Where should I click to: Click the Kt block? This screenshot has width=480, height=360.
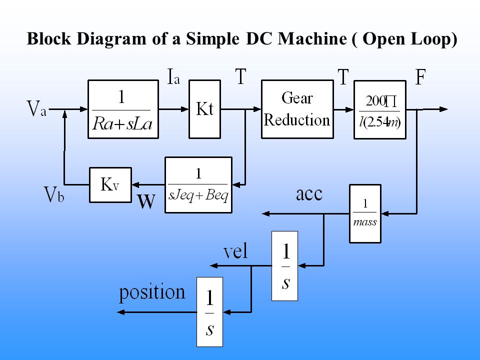pyautogui.click(x=204, y=109)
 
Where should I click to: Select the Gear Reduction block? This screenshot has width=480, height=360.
pyautogui.click(x=297, y=109)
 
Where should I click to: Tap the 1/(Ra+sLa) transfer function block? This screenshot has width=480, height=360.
pyautogui.click(x=123, y=109)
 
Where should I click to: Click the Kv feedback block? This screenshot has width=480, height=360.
pyautogui.click(x=110, y=185)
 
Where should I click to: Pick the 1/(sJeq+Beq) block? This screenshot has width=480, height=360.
pyautogui.click(x=198, y=185)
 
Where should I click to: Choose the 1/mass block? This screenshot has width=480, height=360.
pyautogui.click(x=365, y=213)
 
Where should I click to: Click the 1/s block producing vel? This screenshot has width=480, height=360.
pyautogui.click(x=284, y=266)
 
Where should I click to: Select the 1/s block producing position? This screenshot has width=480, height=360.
pyautogui.click(x=209, y=312)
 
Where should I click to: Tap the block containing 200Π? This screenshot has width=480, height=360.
pyautogui.click(x=380, y=109)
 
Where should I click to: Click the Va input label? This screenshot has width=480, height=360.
pyautogui.click(x=36, y=108)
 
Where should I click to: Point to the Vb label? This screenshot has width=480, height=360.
pyautogui.click(x=54, y=194)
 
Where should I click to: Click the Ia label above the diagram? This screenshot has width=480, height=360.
pyautogui.click(x=173, y=76)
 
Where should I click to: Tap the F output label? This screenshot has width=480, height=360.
pyautogui.click(x=420, y=77)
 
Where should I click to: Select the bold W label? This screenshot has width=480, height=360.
pyautogui.click(x=146, y=201)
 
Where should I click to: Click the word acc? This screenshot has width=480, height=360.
pyautogui.click(x=309, y=194)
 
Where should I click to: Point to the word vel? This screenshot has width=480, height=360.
pyautogui.click(x=235, y=251)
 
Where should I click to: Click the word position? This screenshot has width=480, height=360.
pyautogui.click(x=152, y=292)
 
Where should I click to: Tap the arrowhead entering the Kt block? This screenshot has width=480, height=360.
pyautogui.click(x=185, y=109)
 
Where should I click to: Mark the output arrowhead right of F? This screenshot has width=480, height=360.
pyautogui.click(x=443, y=109)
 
